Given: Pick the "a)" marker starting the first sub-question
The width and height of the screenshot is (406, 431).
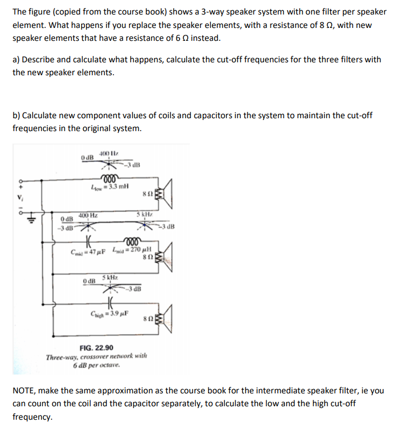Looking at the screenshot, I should (17, 60).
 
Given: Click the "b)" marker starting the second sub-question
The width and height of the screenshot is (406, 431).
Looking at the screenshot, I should (17, 116).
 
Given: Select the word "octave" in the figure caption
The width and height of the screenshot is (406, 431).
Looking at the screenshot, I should (106, 365).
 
